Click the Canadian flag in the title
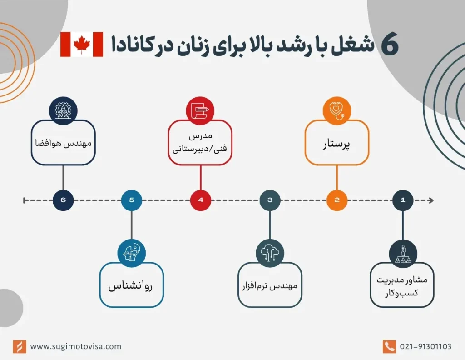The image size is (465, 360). (x=82, y=45)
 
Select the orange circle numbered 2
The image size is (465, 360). (x=337, y=200)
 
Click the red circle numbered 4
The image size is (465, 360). (x=200, y=200)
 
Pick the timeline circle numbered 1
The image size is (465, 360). (x=402, y=200)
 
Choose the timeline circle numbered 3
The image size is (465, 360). (x=270, y=200)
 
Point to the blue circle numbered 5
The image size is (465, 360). (x=132, y=200)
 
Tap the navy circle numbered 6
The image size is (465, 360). (x=63, y=200)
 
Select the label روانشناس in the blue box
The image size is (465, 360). (x=131, y=287)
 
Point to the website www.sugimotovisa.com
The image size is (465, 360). (x=76, y=346)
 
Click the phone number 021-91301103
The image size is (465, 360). (x=425, y=346)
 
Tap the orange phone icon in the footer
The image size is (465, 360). (x=389, y=346)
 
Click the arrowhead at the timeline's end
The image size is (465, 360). (x=430, y=200)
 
